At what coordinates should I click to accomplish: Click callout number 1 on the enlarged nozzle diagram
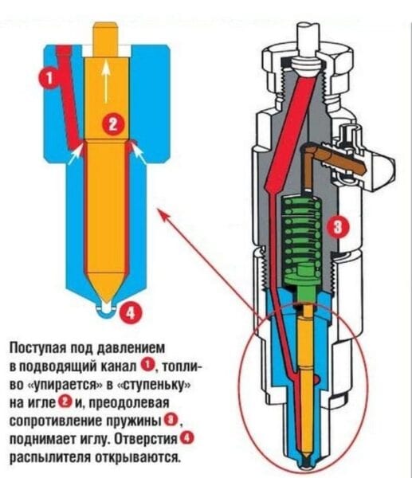click(49, 76)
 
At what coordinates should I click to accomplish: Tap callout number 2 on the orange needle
click(112, 123)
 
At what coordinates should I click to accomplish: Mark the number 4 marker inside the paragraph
click(187, 439)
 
